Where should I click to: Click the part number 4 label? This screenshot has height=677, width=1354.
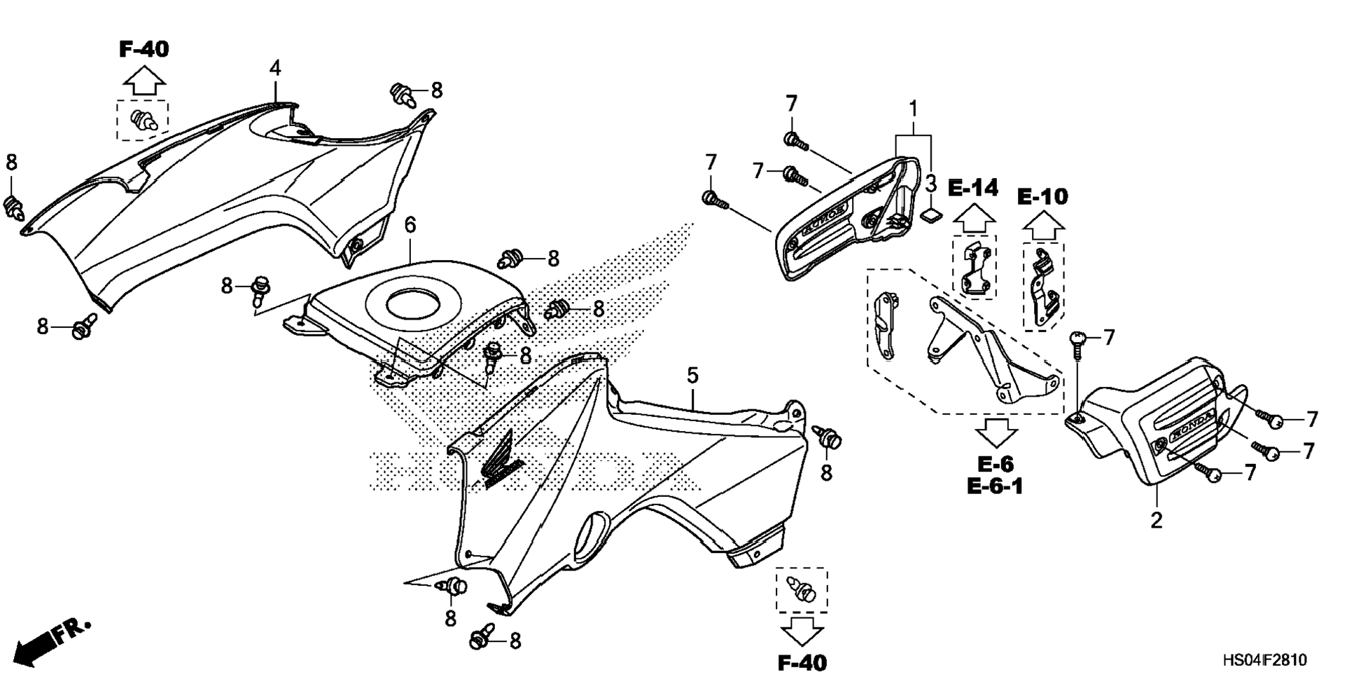(x=275, y=69)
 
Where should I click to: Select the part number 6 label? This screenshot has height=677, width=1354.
(x=410, y=225)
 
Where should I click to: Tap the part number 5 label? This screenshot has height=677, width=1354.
(x=692, y=376)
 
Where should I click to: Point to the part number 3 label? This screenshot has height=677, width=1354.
(x=930, y=184)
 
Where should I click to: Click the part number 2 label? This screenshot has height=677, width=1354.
(x=1156, y=520)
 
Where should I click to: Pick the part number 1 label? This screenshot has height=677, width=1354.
(x=913, y=109)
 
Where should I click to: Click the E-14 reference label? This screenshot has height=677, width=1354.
(x=973, y=188)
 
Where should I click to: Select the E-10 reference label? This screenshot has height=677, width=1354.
(x=1042, y=197)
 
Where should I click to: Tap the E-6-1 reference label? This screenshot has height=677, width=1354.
(x=995, y=486)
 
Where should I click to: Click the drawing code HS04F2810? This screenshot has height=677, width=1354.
(x=1264, y=660)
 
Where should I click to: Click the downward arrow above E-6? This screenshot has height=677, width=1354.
(x=996, y=433)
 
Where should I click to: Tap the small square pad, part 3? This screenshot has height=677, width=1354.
(x=930, y=213)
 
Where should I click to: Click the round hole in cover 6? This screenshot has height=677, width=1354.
(x=412, y=306)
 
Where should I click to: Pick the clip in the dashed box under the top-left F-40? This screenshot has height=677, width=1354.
(x=142, y=120)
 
